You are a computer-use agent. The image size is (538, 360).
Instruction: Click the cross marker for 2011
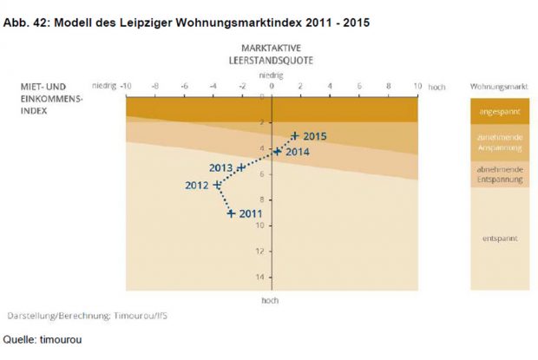[x=232, y=213]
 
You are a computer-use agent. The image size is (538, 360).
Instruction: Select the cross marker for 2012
[x=217, y=185]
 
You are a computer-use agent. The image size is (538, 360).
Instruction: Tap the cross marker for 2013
[x=241, y=167]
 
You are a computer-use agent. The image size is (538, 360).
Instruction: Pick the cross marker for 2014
[x=277, y=151]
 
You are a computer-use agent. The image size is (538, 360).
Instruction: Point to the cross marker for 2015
[x=295, y=136]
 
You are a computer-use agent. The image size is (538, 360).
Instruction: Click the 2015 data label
[x=315, y=136]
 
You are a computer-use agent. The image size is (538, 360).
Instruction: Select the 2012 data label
[x=198, y=185]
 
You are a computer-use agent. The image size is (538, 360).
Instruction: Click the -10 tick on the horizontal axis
[x=126, y=87]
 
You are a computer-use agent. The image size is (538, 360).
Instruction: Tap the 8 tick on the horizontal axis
[x=389, y=87]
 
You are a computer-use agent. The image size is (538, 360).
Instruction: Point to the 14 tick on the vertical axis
[x=260, y=277]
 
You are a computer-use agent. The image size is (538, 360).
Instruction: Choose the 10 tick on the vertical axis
[x=260, y=226]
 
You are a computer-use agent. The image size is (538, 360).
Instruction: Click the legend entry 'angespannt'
[x=499, y=112]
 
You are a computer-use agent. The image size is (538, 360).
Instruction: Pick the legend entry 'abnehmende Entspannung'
[x=499, y=174]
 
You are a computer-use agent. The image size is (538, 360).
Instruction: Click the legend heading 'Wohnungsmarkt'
[x=499, y=87]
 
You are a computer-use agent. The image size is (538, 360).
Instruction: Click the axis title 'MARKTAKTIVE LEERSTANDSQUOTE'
[x=272, y=55]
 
